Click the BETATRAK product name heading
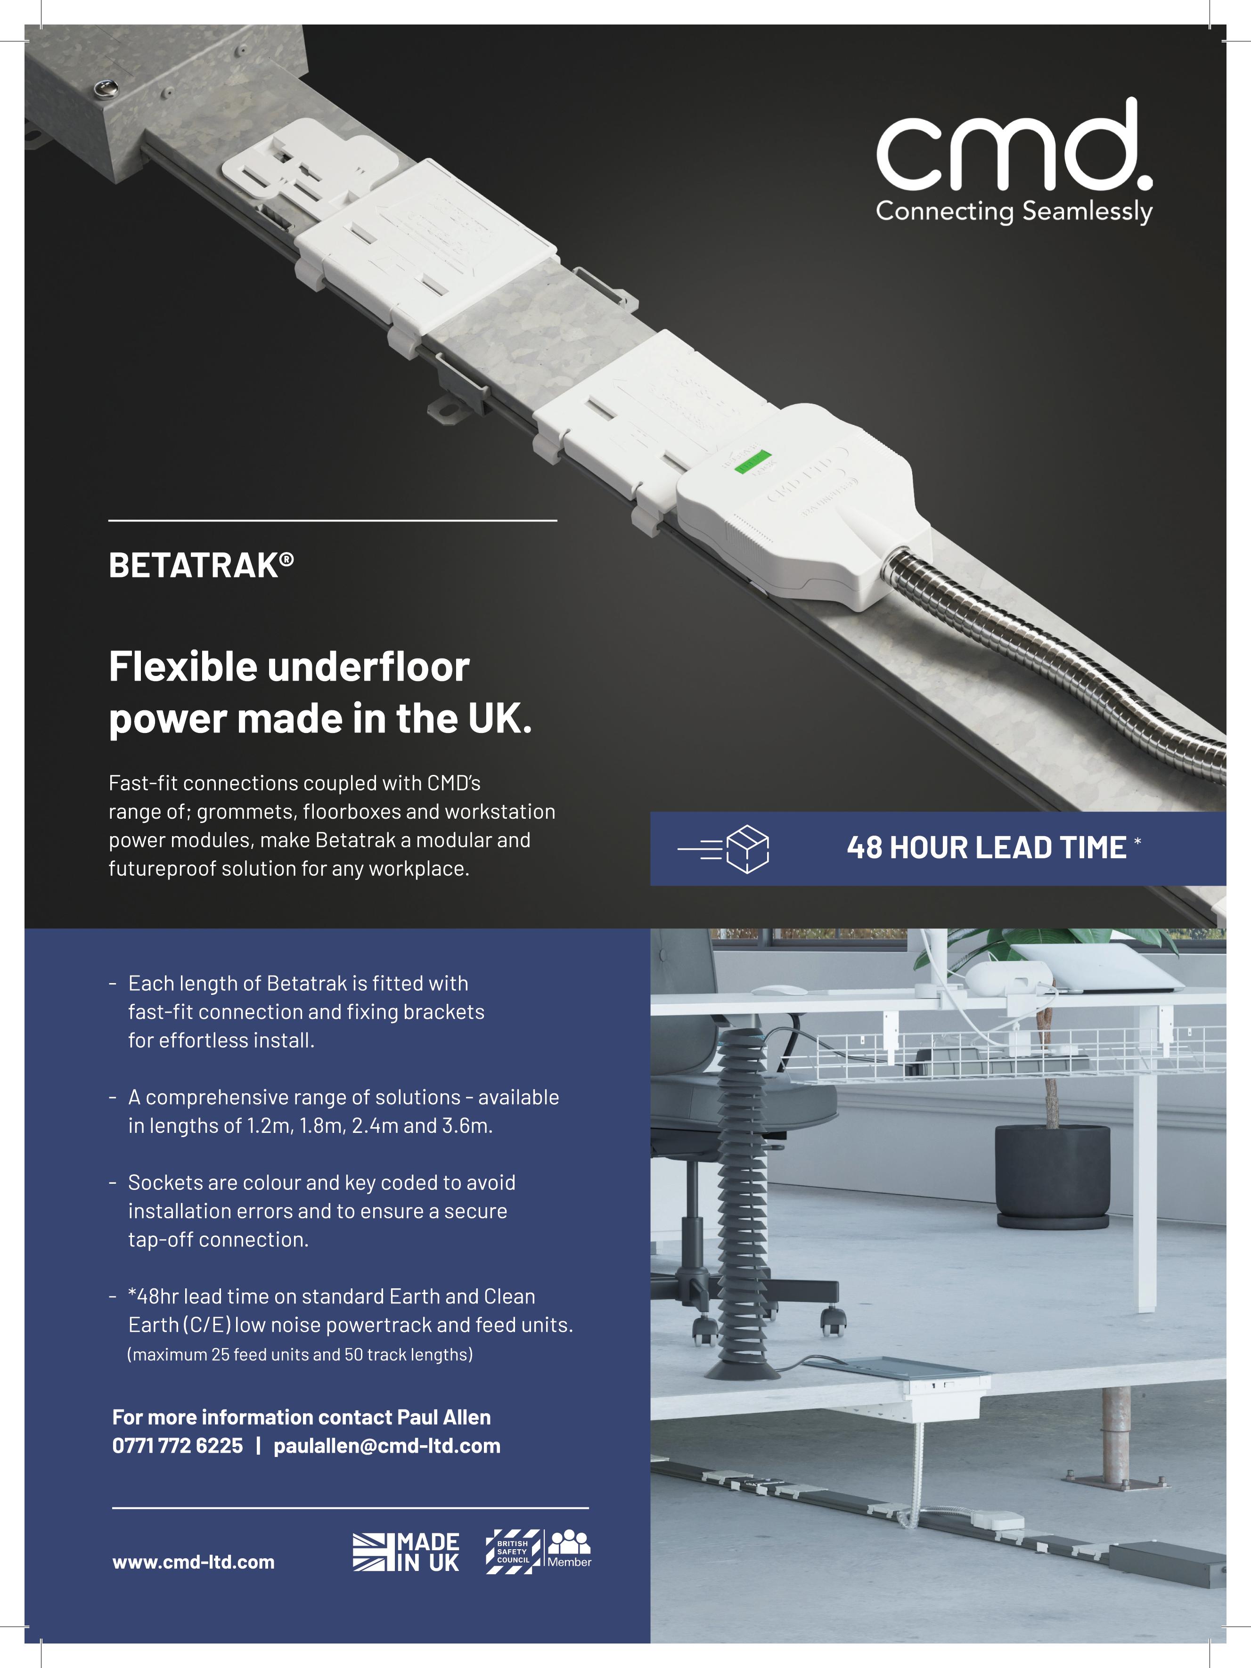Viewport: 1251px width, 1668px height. (x=201, y=566)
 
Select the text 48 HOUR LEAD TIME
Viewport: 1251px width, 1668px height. (x=986, y=847)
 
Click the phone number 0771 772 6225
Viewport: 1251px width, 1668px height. (x=178, y=1446)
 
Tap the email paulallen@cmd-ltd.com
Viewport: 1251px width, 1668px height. (x=387, y=1446)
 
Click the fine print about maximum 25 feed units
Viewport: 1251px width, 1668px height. (x=300, y=1355)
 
